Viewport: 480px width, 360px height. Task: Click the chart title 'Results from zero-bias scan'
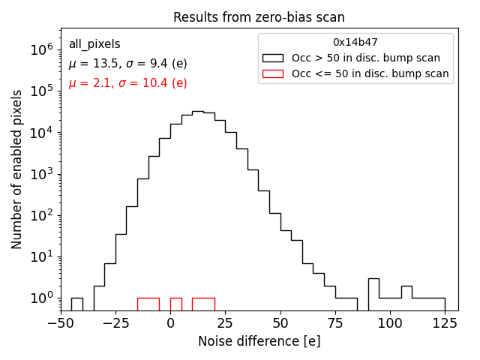point(259,17)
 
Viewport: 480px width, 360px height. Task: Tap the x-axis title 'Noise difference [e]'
point(259,341)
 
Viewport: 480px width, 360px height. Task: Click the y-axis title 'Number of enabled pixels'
point(17,169)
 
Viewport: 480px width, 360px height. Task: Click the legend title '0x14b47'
point(355,43)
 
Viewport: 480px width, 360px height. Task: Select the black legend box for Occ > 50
point(272,58)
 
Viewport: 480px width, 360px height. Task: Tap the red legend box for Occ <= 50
point(272,73)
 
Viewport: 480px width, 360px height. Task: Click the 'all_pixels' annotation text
point(94,44)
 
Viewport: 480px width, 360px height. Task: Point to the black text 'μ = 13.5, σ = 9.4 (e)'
point(127,64)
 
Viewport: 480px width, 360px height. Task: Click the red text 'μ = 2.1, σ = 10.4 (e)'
point(127,83)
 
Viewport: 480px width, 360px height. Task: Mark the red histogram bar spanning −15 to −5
point(148,304)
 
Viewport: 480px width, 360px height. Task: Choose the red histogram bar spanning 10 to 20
point(203,304)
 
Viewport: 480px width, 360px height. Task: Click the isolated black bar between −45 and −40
point(76,304)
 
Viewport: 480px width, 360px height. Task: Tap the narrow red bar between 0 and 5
point(175,304)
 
